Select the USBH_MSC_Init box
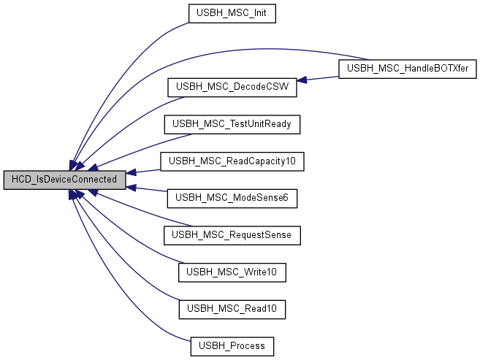[x=232, y=12]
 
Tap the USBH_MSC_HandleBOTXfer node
[x=407, y=69]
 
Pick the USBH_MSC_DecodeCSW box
[x=232, y=87]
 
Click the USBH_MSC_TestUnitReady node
[x=232, y=124]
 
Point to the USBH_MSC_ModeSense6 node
[x=232, y=198]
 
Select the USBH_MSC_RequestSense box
[x=232, y=235]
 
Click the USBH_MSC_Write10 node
[x=232, y=272]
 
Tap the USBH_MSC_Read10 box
[x=232, y=310]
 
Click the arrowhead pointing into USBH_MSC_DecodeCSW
[x=300, y=80]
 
